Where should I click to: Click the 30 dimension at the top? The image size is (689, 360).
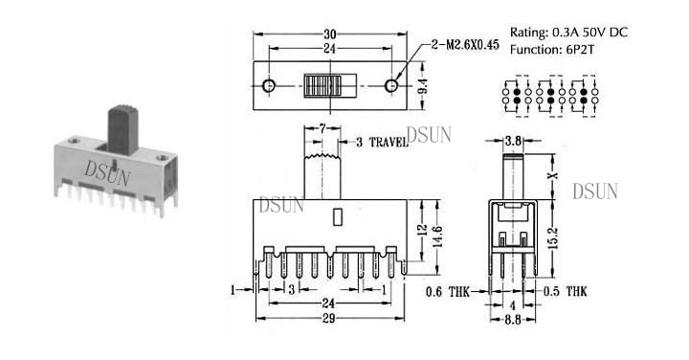tap(329, 34)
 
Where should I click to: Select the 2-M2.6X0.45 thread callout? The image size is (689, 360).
tap(465, 44)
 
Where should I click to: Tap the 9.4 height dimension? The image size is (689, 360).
tap(423, 86)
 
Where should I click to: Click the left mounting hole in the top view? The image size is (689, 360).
tap(269, 86)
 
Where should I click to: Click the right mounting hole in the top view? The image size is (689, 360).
tap(391, 86)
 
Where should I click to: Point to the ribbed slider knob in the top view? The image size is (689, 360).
tap(322, 86)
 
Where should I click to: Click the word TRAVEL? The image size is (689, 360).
tap(389, 142)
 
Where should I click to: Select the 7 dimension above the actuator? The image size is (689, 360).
tap(322, 129)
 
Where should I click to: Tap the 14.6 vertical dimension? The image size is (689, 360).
tap(437, 236)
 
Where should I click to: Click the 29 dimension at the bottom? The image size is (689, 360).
tap(329, 318)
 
